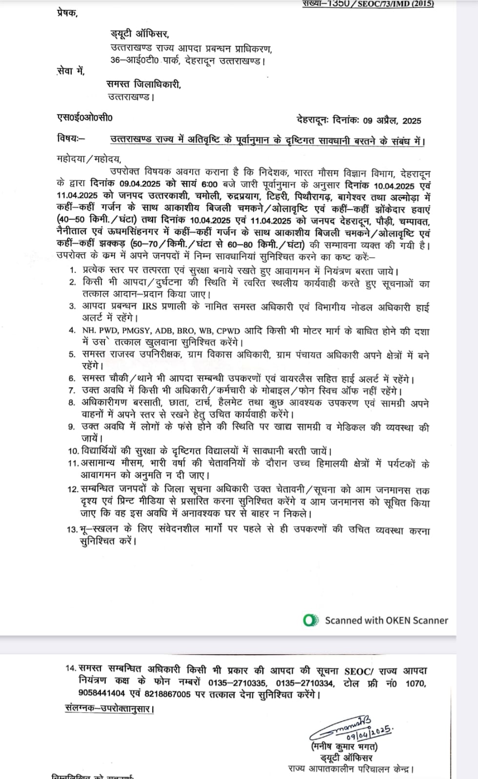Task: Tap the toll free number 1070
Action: click(x=416, y=683)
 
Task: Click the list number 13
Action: click(x=72, y=530)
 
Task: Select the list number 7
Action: click(x=72, y=391)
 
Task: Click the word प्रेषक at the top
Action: click(x=67, y=13)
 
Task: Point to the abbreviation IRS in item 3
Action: click(x=150, y=307)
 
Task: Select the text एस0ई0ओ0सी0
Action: click(x=84, y=117)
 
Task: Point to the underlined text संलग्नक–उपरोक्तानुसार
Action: click(x=109, y=708)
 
